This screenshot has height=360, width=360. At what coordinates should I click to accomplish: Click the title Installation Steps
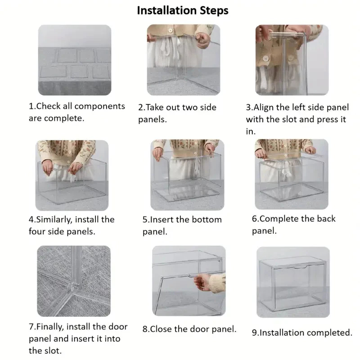click(183, 10)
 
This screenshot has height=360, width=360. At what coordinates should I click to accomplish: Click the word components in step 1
click(99, 106)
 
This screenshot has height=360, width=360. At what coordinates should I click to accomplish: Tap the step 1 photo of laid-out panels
click(75, 60)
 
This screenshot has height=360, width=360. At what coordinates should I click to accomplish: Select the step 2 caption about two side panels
click(177, 113)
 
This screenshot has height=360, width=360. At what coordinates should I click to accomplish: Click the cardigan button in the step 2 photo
click(171, 30)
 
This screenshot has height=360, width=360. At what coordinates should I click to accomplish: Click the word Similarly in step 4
click(54, 220)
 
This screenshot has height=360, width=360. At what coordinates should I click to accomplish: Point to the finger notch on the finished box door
click(300, 267)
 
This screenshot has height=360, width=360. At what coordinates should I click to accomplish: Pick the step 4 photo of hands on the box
click(72, 175)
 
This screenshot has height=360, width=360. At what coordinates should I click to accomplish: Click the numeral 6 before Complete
click(254, 219)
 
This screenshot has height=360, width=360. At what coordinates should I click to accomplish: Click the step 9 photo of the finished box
click(293, 282)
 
